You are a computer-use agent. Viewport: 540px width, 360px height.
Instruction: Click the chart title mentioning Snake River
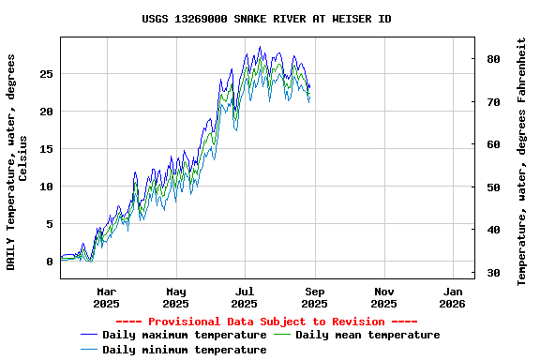(267, 19)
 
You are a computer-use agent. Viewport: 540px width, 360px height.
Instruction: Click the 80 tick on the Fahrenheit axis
(492, 59)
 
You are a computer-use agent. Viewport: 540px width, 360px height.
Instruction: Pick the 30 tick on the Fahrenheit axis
(492, 273)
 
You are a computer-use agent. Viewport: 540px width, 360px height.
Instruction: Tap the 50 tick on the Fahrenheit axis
(492, 187)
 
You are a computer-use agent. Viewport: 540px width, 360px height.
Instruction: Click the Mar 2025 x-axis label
(107, 297)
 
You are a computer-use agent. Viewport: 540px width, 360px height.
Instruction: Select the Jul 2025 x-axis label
(244, 297)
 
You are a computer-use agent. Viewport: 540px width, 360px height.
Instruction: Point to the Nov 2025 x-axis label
(383, 297)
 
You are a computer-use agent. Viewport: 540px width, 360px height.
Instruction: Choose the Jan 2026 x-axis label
(452, 297)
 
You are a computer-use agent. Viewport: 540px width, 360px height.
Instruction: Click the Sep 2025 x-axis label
(314, 297)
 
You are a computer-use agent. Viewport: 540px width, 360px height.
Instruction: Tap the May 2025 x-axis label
(175, 297)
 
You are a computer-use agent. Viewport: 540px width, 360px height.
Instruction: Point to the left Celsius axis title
(17, 161)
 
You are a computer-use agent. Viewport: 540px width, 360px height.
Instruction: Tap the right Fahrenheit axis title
(521, 161)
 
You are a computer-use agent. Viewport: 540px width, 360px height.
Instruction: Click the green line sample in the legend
(282, 335)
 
